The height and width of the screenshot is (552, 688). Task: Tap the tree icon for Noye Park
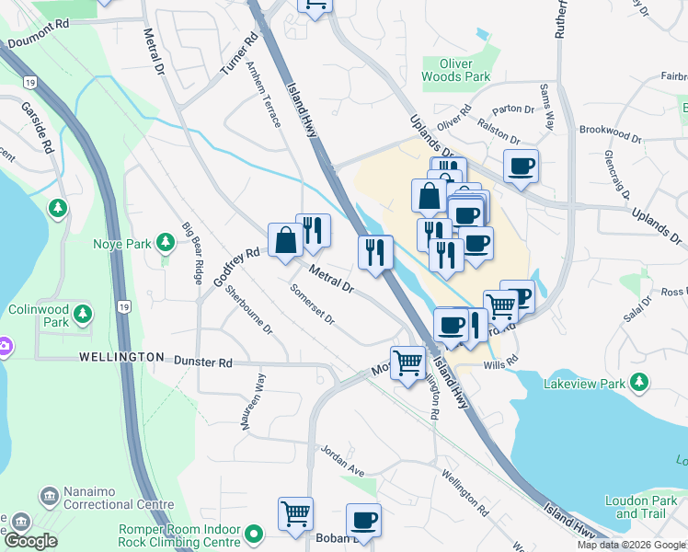click(x=166, y=243)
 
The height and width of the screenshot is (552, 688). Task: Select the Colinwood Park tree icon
click(x=83, y=316)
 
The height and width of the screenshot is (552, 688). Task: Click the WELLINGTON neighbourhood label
click(x=120, y=356)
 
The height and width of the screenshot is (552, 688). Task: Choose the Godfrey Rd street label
click(x=237, y=266)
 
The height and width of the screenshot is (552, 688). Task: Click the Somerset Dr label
click(x=312, y=303)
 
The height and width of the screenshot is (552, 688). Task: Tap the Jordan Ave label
click(x=342, y=461)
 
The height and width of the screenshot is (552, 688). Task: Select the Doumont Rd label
click(x=38, y=41)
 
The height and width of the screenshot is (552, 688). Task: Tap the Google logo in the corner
click(x=29, y=541)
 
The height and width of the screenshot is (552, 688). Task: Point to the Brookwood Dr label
click(x=611, y=133)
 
